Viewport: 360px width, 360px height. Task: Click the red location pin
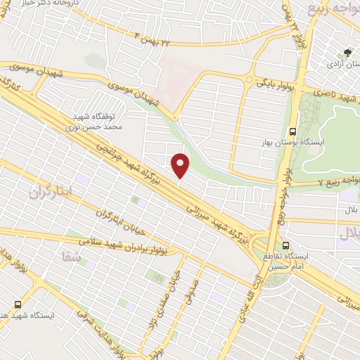point(181,165)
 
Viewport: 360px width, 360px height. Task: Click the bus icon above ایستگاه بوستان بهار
point(293,131)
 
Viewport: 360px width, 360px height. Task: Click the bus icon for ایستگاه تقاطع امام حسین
point(285,245)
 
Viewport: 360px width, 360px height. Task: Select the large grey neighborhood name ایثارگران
point(51,191)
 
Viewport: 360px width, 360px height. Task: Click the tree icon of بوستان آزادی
point(347,52)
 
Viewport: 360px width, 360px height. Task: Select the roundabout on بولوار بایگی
point(250,79)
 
